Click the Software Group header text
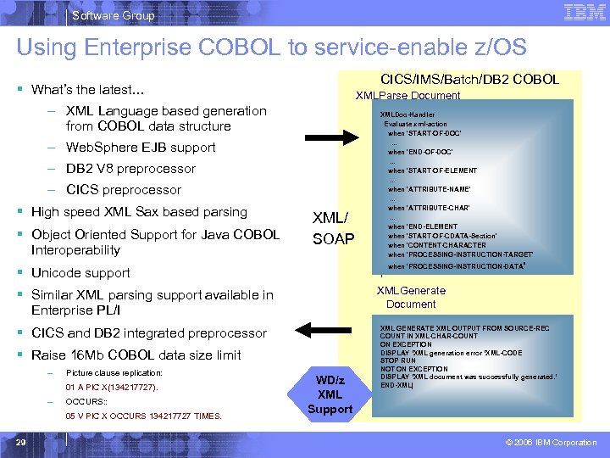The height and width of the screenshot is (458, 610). click(x=114, y=15)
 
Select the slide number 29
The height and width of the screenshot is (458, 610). click(x=23, y=441)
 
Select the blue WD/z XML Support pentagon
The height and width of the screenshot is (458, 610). click(x=330, y=394)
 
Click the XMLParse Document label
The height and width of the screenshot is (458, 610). click(x=408, y=96)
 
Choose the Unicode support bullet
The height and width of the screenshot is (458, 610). click(x=80, y=273)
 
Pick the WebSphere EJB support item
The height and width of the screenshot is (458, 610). click(x=141, y=148)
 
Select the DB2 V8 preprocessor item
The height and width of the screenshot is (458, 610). click(x=130, y=169)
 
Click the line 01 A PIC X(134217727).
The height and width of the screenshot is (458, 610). click(x=112, y=387)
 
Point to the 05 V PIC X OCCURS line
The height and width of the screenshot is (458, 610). click(x=143, y=416)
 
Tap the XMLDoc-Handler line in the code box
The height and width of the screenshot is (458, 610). click(x=408, y=114)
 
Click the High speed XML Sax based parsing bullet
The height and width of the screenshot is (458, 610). click(x=139, y=212)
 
